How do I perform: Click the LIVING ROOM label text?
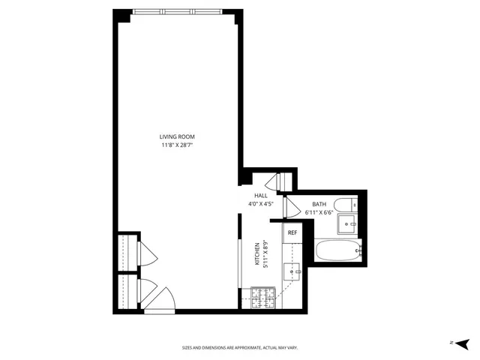pyautogui.click(x=177, y=136)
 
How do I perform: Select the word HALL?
pyautogui.click(x=260, y=196)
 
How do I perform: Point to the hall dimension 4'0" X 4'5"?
pyautogui.click(x=260, y=203)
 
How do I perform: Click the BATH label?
pyautogui.click(x=319, y=204)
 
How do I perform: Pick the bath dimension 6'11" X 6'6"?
pyautogui.click(x=319, y=212)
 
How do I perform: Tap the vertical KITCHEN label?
pyautogui.click(x=257, y=253)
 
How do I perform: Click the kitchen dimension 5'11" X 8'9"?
pyautogui.click(x=265, y=253)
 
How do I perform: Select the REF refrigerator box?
pyautogui.click(x=292, y=233)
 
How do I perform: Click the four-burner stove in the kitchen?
pyautogui.click(x=264, y=298)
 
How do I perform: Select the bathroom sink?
pyautogui.click(x=349, y=223)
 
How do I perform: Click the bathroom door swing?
pyautogui.click(x=293, y=209)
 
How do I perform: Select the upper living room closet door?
pyautogui.click(x=147, y=254)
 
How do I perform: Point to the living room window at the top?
pyautogui.click(x=178, y=12)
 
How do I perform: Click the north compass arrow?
pyautogui.click(x=453, y=342)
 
